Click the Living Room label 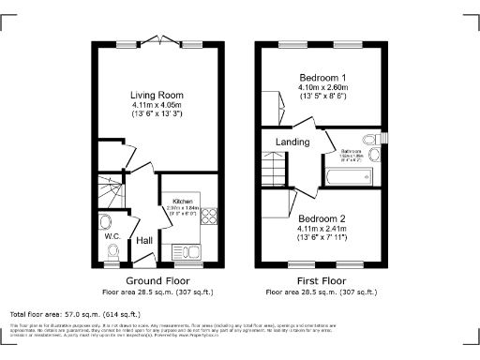pos(157,96)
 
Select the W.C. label pos(111,235)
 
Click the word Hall pos(144,241)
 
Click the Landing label pos(291,142)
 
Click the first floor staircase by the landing pos(273,170)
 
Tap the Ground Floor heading pos(157,280)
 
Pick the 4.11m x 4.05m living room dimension pos(157,106)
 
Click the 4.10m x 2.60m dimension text pos(322,87)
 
